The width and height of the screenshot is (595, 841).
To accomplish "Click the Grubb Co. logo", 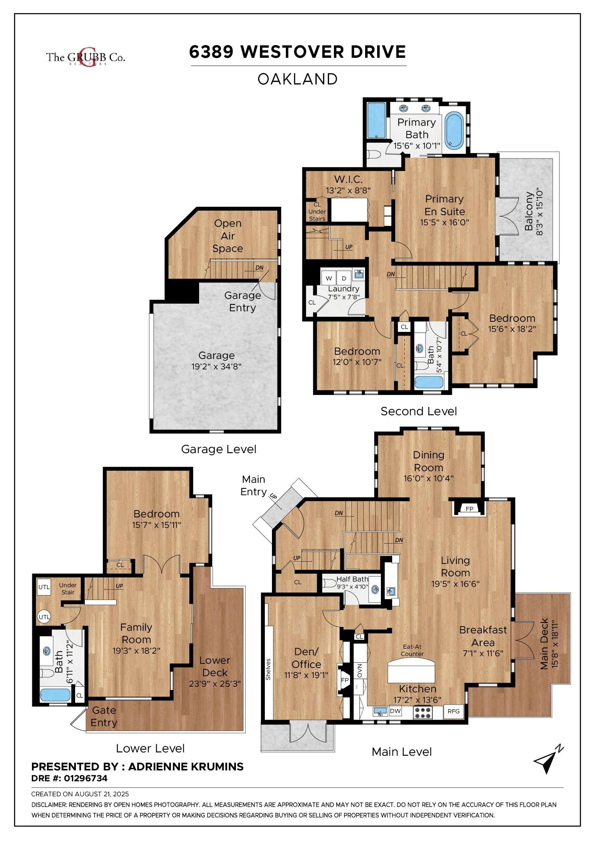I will (x=85, y=57).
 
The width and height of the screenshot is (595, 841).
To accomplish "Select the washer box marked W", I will (x=329, y=278).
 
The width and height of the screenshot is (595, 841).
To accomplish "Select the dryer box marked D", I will (x=344, y=278).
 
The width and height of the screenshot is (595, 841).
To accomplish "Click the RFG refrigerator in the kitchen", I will (x=453, y=711).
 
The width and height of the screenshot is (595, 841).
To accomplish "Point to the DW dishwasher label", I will (x=395, y=711).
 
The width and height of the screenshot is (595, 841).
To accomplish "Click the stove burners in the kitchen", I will (x=423, y=713).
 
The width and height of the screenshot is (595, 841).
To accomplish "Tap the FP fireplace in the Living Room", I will (x=470, y=509).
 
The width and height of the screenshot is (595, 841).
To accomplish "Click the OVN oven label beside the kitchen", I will (x=359, y=670).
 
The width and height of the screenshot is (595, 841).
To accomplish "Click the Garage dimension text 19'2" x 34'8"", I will (x=216, y=366).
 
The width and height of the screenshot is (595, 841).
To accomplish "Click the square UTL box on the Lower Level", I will (x=44, y=587).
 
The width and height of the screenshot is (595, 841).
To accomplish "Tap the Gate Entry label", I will (x=104, y=716).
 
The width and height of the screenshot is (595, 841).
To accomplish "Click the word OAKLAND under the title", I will (x=297, y=79).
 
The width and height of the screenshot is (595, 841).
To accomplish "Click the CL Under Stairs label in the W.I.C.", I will (x=317, y=212).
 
